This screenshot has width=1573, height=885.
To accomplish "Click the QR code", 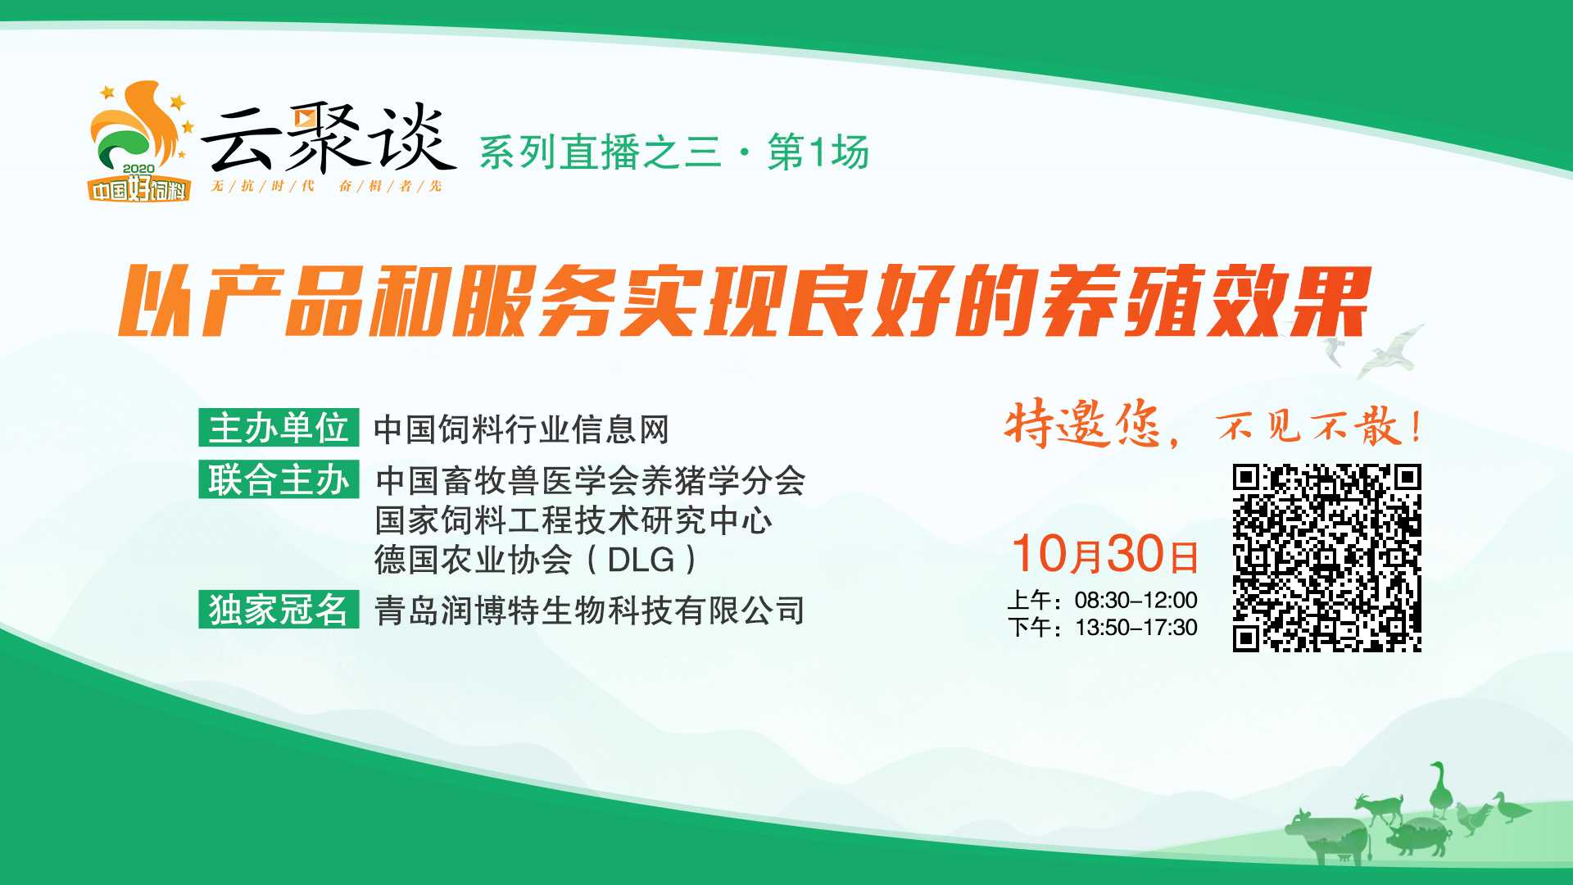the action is point(1327,558).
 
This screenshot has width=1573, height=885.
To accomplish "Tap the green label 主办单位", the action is point(279,428).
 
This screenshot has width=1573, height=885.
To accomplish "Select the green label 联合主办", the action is point(279,479).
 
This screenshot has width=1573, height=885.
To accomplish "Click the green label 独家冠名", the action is point(279,609).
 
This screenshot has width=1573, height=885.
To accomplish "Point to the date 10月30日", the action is point(1105,554).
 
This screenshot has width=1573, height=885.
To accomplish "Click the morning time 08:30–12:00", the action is point(1136,600).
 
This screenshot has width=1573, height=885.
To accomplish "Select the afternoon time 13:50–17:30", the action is point(1136,628).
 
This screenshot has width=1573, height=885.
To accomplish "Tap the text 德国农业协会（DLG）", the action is point(537,560).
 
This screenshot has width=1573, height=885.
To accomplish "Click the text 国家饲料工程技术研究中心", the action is point(573,520).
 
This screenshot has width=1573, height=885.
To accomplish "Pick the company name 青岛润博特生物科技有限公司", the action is point(590,610).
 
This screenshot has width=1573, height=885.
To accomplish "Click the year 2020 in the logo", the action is point(138,170).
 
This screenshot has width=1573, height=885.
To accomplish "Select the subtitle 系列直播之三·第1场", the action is point(673,153).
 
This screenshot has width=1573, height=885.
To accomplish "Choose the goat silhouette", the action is point(1380,808).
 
